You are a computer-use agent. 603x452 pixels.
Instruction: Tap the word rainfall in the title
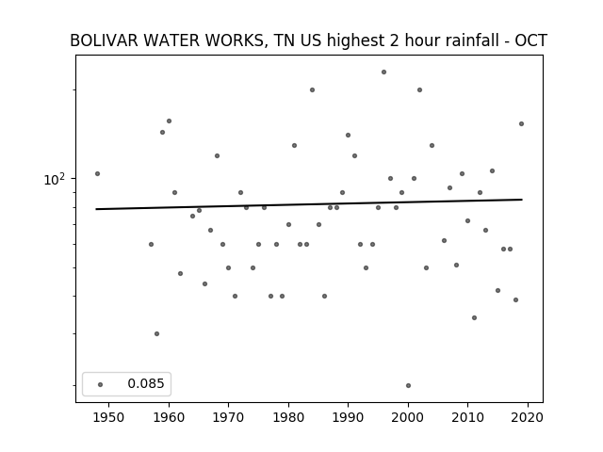(x=475, y=40)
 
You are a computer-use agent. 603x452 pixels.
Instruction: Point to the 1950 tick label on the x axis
(x=108, y=417)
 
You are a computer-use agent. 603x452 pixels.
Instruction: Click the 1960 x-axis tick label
(x=169, y=417)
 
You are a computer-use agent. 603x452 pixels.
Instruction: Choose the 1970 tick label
(x=228, y=417)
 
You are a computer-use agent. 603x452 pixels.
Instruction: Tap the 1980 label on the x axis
(x=288, y=417)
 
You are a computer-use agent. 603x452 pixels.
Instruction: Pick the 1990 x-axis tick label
(x=348, y=417)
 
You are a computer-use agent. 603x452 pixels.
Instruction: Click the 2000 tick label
(x=408, y=417)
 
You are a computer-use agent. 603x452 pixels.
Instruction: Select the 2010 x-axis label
(x=467, y=417)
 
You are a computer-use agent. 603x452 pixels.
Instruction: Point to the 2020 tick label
(x=528, y=417)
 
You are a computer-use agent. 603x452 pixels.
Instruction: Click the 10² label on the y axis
(x=55, y=179)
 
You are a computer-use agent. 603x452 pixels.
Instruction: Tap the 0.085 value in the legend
(x=146, y=383)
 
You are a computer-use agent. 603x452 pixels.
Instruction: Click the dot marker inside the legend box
(x=101, y=384)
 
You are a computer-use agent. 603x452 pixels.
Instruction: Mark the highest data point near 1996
(x=383, y=72)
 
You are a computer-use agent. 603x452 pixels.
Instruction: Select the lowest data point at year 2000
(x=408, y=385)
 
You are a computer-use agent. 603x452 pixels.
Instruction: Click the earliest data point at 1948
(x=97, y=173)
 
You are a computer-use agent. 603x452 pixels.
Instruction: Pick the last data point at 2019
(x=521, y=123)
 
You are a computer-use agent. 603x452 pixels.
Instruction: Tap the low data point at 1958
(x=157, y=333)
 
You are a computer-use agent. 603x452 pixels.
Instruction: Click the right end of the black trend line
(x=522, y=200)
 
